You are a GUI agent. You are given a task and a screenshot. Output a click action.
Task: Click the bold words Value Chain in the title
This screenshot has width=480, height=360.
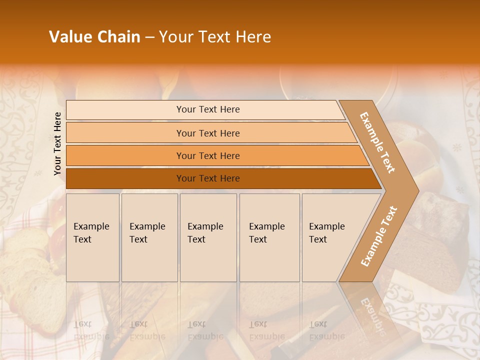pyautogui.click(x=94, y=37)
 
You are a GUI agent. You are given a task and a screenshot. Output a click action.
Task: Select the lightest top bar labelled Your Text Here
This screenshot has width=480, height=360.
pyautogui.click(x=207, y=109)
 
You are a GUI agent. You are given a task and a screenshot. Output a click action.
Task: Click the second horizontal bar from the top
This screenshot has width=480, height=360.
pyautogui.click(x=207, y=133)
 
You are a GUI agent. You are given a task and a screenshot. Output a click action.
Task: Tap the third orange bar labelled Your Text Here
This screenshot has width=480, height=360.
pyautogui.click(x=207, y=155)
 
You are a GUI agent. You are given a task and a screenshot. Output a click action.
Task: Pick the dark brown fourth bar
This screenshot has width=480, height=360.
pyautogui.click(x=207, y=178)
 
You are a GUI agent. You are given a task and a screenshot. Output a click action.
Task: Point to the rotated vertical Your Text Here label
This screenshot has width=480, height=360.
pyautogui.click(x=57, y=143)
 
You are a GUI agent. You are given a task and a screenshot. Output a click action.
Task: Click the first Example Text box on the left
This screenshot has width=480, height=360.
pyautogui.click(x=92, y=237)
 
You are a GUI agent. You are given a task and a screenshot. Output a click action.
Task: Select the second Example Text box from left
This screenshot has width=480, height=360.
pyautogui.click(x=149, y=237)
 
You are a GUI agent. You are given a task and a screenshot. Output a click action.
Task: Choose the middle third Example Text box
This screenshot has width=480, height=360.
pyautogui.click(x=207, y=237)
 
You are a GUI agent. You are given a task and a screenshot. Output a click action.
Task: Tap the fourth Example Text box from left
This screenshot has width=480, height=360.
pyautogui.click(x=269, y=237)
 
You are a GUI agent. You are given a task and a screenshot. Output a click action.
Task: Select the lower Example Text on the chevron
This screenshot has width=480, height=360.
pyautogui.click(x=379, y=236)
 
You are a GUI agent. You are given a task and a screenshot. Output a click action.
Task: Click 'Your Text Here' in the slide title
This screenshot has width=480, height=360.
pyautogui.click(x=215, y=37)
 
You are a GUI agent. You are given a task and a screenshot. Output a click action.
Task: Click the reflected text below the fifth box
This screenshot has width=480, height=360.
pyautogui.click(x=326, y=330)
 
